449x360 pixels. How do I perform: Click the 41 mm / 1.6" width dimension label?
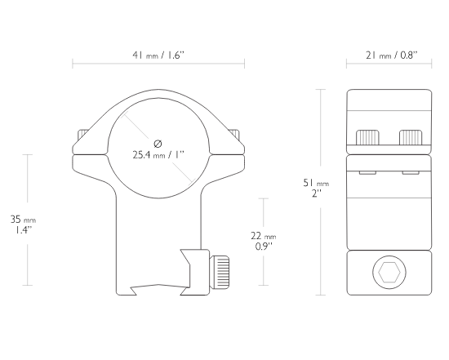click(x=158, y=55)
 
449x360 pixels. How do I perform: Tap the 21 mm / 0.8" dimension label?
click(x=391, y=55)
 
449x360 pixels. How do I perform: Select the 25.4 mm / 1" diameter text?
click(x=158, y=155)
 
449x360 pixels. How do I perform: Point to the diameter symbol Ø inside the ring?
click(x=158, y=144)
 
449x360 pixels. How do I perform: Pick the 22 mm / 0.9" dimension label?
click(x=264, y=241)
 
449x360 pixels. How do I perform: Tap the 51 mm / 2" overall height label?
click(x=316, y=188)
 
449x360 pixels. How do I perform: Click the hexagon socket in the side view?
click(x=389, y=273)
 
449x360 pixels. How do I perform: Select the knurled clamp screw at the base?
click(x=220, y=273)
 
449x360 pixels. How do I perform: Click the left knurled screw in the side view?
click(x=367, y=137)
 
